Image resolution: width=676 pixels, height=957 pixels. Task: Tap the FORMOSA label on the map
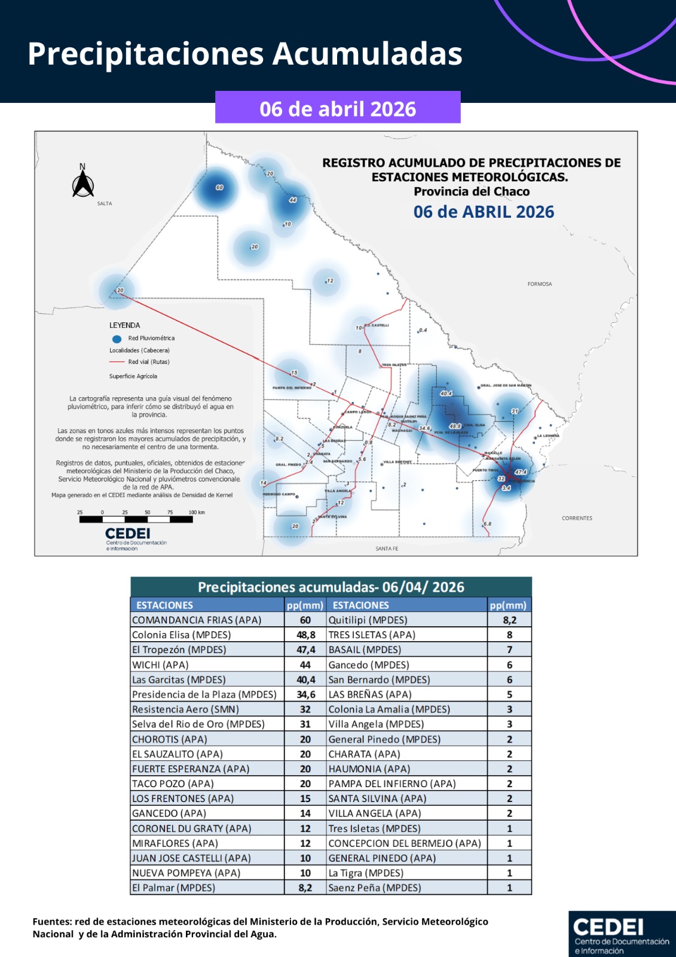[539, 284]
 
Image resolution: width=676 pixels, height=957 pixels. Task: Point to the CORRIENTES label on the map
[577, 518]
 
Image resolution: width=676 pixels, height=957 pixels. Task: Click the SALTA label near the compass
[105, 203]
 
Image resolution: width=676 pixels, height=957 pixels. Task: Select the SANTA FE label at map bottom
[387, 548]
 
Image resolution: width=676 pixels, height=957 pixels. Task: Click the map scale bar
[136, 519]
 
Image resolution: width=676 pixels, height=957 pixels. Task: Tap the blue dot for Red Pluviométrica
[117, 339]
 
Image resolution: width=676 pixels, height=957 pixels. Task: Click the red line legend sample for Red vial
[117, 362]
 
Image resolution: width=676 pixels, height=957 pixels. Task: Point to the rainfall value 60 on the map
[219, 187]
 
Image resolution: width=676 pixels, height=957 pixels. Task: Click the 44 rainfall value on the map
[292, 200]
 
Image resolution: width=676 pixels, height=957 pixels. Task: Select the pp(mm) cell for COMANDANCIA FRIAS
[305, 620]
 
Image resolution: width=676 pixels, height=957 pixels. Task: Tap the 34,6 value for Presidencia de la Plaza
[305, 694]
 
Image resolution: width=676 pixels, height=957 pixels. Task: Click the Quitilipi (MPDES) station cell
[368, 620]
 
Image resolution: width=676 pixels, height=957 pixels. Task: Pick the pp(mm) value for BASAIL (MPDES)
[509, 650]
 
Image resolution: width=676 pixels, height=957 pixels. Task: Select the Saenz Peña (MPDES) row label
[375, 888]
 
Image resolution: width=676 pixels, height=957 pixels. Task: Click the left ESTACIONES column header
[164, 605]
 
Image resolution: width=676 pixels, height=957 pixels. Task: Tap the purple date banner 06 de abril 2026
[338, 108]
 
